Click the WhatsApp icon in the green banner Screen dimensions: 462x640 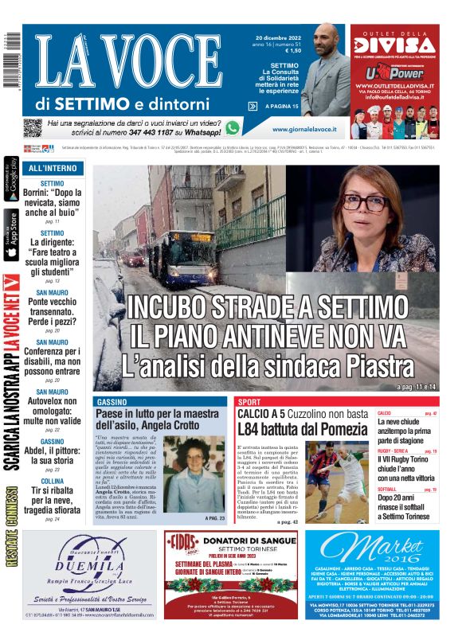(x=233, y=127)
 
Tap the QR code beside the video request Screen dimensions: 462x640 (x=33, y=127)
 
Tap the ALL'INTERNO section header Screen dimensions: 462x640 (x=53, y=169)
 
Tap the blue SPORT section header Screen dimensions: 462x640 (x=249, y=402)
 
